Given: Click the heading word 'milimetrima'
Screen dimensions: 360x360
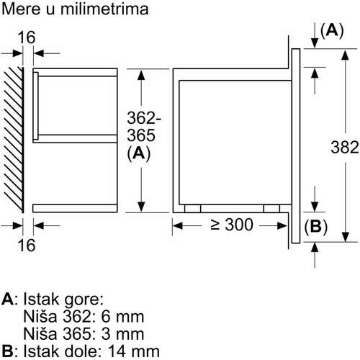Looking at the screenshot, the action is (x=104, y=9).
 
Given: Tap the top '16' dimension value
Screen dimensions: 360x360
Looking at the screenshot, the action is (x=27, y=37).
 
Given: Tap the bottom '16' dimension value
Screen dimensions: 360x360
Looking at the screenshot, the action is (x=27, y=245).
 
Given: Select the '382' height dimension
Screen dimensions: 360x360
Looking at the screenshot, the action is (x=345, y=147).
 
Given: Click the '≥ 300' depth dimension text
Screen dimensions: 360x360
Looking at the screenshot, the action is (x=232, y=225).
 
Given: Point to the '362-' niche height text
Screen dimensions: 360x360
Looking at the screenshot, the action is (x=144, y=118).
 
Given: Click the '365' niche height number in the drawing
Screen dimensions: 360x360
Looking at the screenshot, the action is (x=141, y=135).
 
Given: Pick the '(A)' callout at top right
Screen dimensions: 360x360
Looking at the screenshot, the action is (x=332, y=30).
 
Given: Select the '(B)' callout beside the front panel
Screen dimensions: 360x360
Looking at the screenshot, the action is (x=315, y=226).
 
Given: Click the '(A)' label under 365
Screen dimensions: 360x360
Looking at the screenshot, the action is (x=139, y=153).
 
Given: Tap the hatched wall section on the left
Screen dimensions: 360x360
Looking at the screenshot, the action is (x=14, y=140).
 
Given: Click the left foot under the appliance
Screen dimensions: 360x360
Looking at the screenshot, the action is (x=193, y=208).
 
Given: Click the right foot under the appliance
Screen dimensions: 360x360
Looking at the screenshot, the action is (x=271, y=208).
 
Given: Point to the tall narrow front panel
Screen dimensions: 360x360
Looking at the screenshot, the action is (x=296, y=145).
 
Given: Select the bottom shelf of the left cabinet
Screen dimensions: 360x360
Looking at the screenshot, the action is (x=75, y=208).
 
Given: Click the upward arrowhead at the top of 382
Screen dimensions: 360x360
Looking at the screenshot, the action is (x=345, y=55).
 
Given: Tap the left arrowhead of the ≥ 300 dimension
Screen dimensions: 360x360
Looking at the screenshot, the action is (x=177, y=225).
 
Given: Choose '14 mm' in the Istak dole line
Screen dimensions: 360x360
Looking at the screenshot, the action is (x=134, y=351).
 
